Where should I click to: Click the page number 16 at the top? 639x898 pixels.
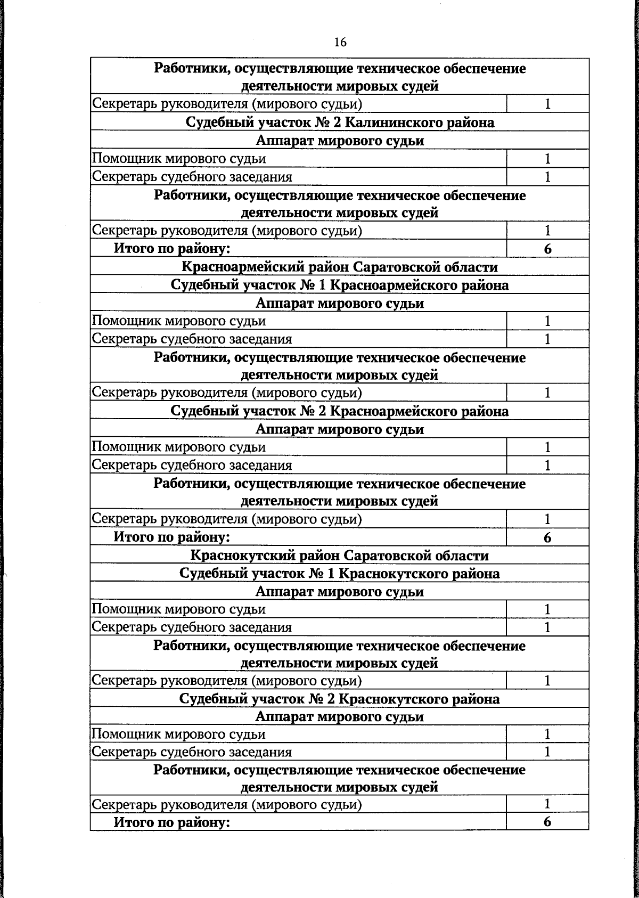340,43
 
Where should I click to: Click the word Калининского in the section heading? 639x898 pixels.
399,123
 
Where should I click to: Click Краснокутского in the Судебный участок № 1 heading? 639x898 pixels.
402,574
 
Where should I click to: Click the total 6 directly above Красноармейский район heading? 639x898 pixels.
547,249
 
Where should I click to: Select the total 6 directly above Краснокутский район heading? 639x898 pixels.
547,537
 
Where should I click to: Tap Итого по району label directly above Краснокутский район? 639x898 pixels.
171,537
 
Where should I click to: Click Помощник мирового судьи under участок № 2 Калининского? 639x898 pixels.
179,159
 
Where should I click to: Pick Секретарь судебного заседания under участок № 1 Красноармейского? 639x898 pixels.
192,339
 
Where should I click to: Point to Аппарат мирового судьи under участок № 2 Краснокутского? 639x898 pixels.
340,716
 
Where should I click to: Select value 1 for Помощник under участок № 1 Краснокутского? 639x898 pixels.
547,609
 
